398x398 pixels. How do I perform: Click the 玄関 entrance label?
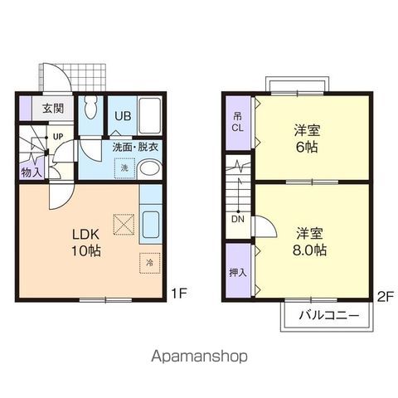pyautogui.click(x=53, y=109)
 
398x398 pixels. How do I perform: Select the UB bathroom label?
pyautogui.click(x=123, y=116)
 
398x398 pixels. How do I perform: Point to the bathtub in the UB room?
pyautogui.click(x=149, y=115)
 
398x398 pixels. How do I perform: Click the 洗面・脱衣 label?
pyautogui.click(x=135, y=147)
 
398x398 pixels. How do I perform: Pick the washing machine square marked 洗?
pyautogui.click(x=124, y=168)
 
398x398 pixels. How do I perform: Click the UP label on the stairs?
pyautogui.click(x=58, y=136)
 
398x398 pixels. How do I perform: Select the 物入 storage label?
pyautogui.click(x=32, y=172)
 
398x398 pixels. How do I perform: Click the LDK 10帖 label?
pyautogui.click(x=86, y=242)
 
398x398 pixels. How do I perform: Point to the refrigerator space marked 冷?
pyautogui.click(x=150, y=263)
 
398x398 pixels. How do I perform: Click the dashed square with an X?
pyautogui.click(x=124, y=225)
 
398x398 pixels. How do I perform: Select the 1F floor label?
pyautogui.click(x=179, y=294)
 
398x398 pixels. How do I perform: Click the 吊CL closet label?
pyautogui.click(x=238, y=122)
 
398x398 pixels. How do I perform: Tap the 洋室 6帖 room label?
pyautogui.click(x=307, y=138)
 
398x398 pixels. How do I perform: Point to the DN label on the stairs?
pyautogui.click(x=238, y=219)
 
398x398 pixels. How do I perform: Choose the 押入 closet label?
pyautogui.click(x=238, y=273)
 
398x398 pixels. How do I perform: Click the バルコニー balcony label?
pyautogui.click(x=329, y=315)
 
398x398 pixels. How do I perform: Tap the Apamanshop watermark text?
pyautogui.click(x=199, y=357)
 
